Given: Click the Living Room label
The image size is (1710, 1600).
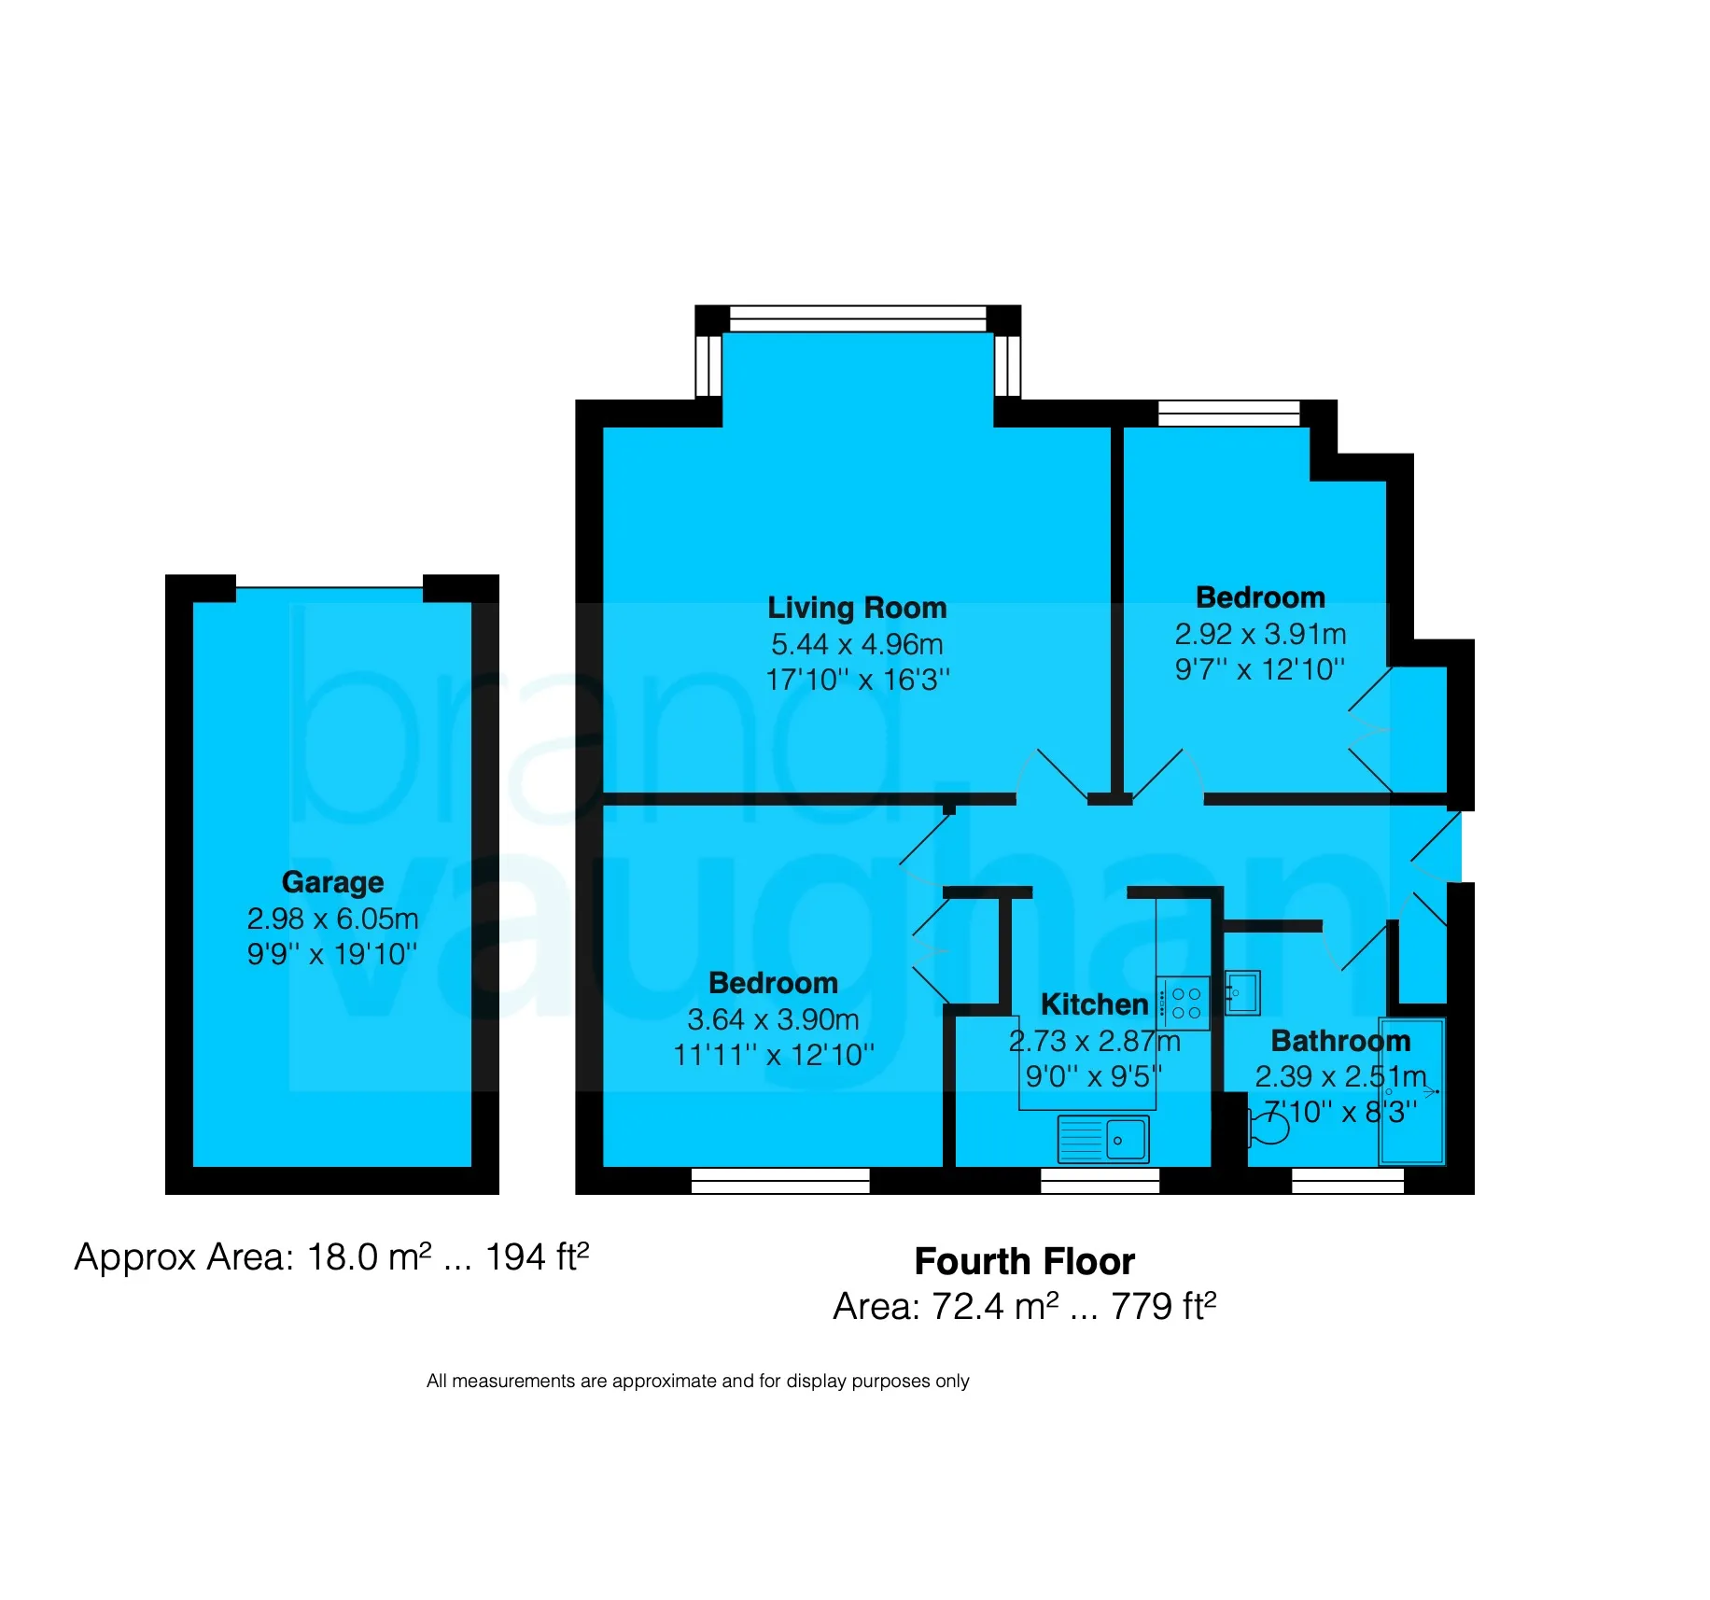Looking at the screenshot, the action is click(x=857, y=608).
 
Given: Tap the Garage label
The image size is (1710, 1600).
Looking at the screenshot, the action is click(x=332, y=882).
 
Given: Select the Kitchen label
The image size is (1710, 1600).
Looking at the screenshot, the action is click(x=1094, y=1004).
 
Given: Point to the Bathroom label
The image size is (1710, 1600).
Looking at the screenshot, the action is click(x=1340, y=1041).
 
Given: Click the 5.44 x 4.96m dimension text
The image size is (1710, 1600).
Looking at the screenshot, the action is click(x=857, y=644).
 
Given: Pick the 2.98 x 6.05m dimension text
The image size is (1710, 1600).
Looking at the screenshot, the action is click(x=332, y=919).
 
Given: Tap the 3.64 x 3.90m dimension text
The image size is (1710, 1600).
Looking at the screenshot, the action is click(x=773, y=1019).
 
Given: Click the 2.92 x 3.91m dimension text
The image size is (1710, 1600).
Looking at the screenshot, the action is click(x=1260, y=634).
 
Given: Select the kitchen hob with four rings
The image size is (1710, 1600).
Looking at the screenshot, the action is click(x=1184, y=1004).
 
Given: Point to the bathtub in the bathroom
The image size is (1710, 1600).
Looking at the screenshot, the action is click(x=1412, y=1091).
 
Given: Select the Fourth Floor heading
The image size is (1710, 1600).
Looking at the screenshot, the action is click(x=1024, y=1262).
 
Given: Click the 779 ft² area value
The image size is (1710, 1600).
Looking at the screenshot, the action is click(x=1163, y=1306).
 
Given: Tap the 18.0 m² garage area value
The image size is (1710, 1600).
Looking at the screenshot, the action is click(x=370, y=1257).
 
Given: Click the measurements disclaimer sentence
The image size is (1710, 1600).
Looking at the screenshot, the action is click(x=697, y=1381).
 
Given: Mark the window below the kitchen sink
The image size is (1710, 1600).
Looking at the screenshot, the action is click(x=1100, y=1181).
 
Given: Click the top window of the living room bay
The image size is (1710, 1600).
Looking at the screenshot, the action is click(x=858, y=318).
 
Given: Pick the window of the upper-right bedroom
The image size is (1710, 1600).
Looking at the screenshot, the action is click(x=1229, y=414).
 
